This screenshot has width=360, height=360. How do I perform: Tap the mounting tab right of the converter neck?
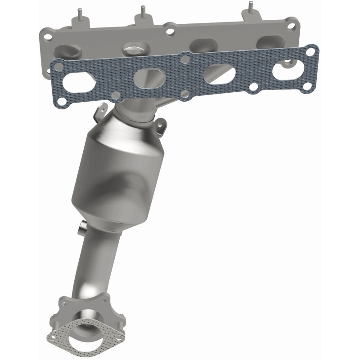[161, 127]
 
